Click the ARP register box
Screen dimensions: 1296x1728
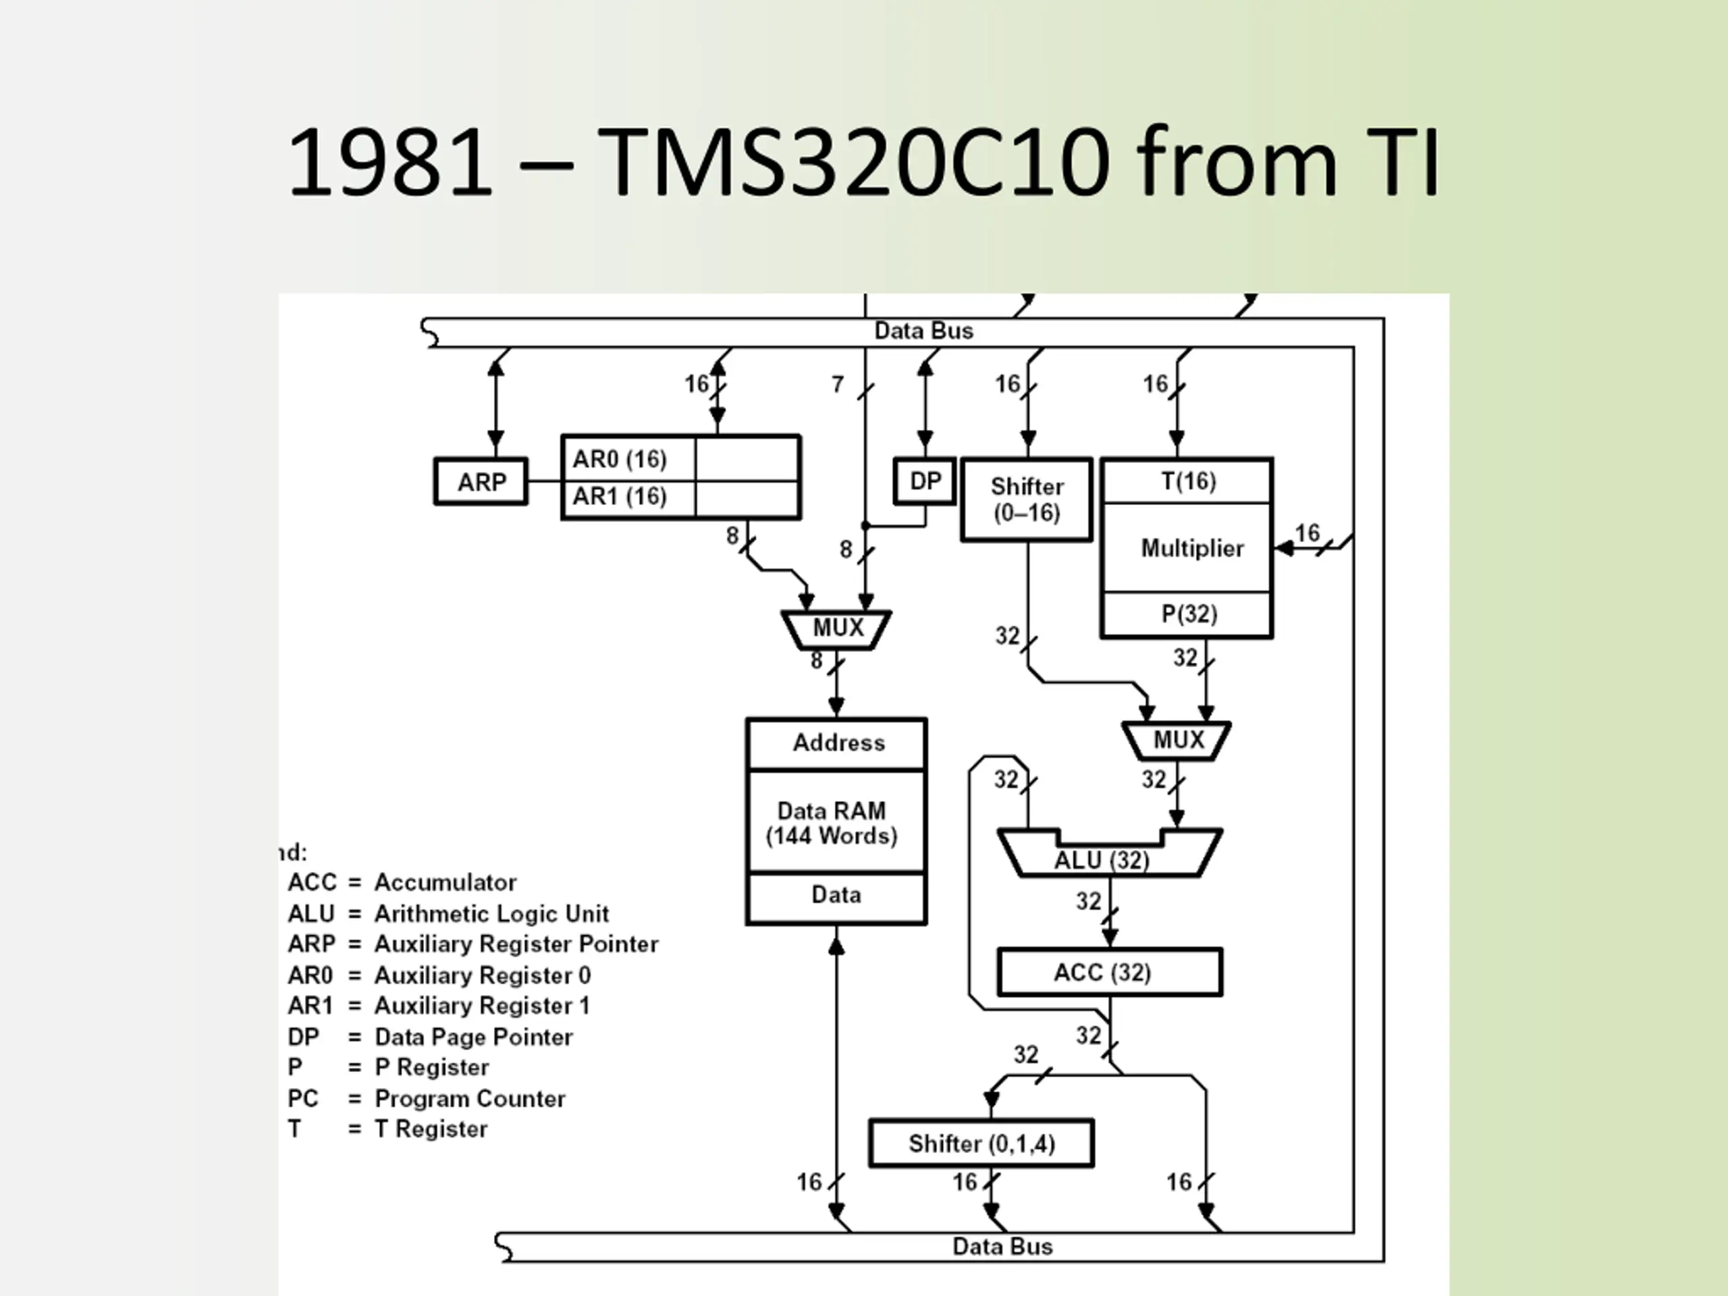click(481, 481)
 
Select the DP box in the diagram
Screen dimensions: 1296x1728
click(924, 481)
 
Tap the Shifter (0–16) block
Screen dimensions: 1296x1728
click(1027, 500)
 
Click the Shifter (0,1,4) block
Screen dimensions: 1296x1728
click(981, 1143)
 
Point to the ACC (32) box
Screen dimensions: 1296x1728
click(1109, 973)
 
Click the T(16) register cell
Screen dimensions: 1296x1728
click(1187, 481)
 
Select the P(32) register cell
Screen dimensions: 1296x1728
click(1187, 614)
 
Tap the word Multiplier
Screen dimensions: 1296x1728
click(1191, 548)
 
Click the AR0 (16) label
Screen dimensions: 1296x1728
click(620, 458)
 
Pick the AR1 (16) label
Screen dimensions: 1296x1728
click(620, 496)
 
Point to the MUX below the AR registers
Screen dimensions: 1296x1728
click(836, 628)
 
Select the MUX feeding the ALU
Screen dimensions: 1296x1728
click(1177, 740)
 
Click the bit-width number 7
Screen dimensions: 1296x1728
click(838, 384)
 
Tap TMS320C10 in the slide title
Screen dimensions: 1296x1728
click(853, 163)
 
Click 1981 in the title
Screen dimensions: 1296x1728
click(391, 163)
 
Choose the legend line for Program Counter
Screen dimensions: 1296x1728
click(427, 1098)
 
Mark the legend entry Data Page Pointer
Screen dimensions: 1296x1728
click(430, 1037)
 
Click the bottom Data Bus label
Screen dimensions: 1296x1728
click(1002, 1246)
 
